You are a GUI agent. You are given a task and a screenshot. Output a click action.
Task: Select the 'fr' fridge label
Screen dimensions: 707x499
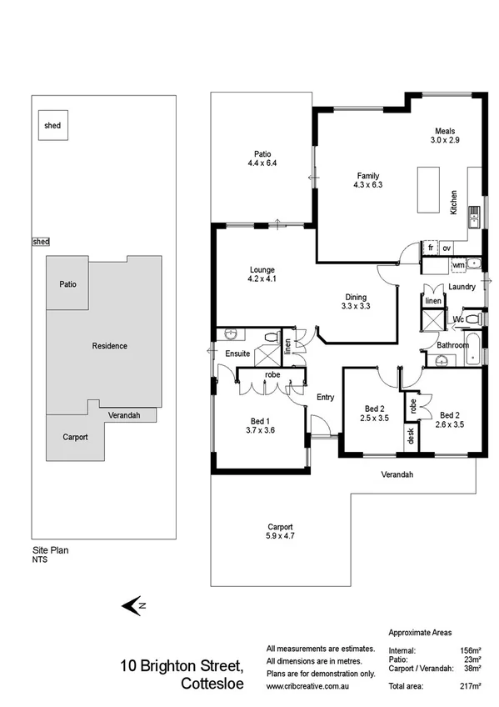click(x=431, y=248)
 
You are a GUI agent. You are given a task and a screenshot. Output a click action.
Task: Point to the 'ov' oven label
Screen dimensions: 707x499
click(x=447, y=248)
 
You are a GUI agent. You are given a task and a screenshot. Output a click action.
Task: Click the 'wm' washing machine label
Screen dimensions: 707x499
click(x=457, y=265)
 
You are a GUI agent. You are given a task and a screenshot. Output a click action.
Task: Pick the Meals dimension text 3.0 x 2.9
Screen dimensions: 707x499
click(x=442, y=140)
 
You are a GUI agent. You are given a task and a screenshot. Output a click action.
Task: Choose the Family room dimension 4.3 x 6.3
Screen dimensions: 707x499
click(x=368, y=186)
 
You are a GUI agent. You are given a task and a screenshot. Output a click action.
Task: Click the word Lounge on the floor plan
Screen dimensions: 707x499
click(x=262, y=269)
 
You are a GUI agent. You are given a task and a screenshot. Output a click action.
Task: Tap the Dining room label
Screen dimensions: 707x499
click(x=357, y=297)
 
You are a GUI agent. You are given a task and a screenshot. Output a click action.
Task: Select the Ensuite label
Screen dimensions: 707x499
click(x=237, y=354)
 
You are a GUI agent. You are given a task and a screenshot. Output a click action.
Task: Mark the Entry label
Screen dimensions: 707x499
click(x=325, y=397)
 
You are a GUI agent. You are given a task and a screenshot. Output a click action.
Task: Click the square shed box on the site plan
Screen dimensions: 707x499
click(x=52, y=126)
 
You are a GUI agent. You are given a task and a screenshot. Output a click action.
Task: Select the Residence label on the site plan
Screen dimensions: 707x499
click(x=109, y=346)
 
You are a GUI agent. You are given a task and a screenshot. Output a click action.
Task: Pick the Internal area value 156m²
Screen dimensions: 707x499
click(x=471, y=649)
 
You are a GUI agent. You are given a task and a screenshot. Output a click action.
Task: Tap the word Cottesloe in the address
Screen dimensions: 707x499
click(x=212, y=684)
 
